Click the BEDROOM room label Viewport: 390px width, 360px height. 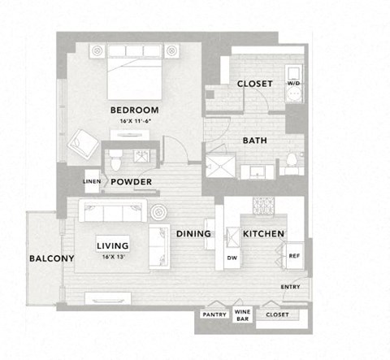click(x=135, y=110)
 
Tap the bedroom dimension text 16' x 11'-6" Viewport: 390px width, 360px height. click(x=134, y=120)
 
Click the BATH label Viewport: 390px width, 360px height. click(x=255, y=140)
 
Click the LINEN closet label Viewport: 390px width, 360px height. click(x=92, y=181)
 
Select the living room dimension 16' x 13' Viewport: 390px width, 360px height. click(x=113, y=256)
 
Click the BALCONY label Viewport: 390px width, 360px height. click(x=51, y=259)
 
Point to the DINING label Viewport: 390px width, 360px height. click(x=193, y=234)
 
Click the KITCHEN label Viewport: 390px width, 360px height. click(x=263, y=234)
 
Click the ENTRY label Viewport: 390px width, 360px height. click(x=290, y=287)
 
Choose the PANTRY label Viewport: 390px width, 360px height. click(x=214, y=314)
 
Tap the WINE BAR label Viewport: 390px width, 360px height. click(x=243, y=314)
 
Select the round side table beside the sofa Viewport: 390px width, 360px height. click(x=159, y=213)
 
